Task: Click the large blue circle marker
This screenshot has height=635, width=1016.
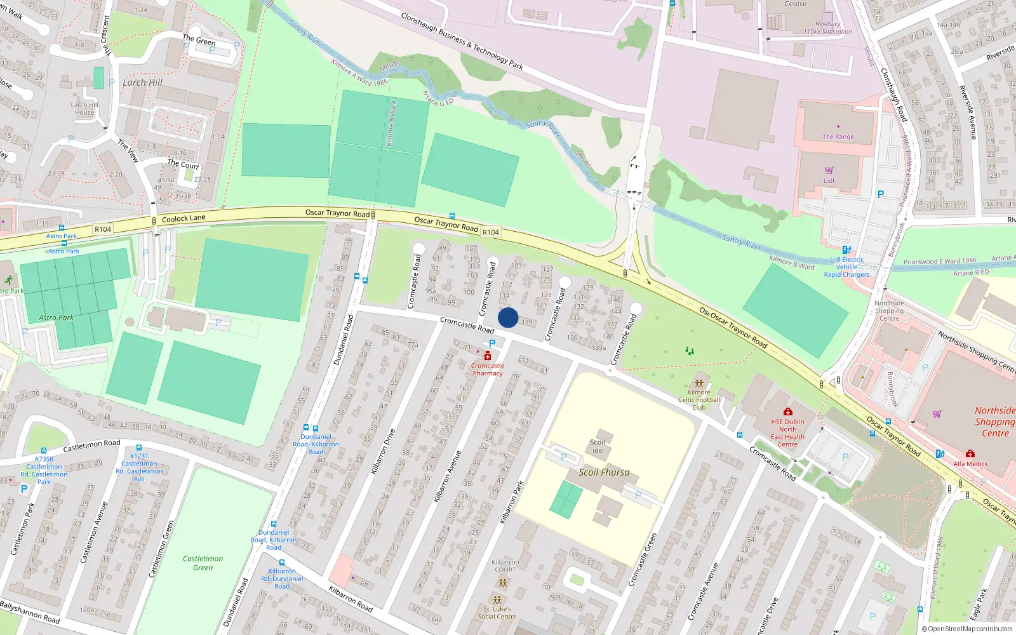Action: tap(508, 317)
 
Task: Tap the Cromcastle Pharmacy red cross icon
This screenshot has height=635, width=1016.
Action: tap(488, 356)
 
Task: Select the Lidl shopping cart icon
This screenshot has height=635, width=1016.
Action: tap(829, 171)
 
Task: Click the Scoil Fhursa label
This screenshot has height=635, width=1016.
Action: tap(604, 472)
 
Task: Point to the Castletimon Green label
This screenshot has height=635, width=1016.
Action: tap(203, 563)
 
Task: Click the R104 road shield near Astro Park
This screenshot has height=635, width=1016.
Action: tap(103, 229)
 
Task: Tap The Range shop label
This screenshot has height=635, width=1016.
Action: tap(838, 137)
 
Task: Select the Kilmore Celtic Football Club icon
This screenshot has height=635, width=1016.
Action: tap(699, 384)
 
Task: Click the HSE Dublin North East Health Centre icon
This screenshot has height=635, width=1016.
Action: tap(787, 411)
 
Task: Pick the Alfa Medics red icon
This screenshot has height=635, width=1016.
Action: tap(970, 454)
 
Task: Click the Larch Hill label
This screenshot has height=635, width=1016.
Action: tap(142, 83)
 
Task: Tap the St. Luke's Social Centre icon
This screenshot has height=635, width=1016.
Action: tap(497, 599)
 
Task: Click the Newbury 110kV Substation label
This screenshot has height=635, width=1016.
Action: tap(827, 27)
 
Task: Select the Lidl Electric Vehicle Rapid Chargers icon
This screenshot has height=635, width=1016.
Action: tap(846, 250)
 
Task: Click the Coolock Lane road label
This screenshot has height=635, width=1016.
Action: tap(184, 218)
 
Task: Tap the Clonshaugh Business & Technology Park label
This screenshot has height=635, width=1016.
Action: tap(462, 41)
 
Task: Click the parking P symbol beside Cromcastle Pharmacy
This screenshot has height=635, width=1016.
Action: tap(492, 344)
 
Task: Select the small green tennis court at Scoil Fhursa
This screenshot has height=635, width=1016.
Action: tap(566, 500)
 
